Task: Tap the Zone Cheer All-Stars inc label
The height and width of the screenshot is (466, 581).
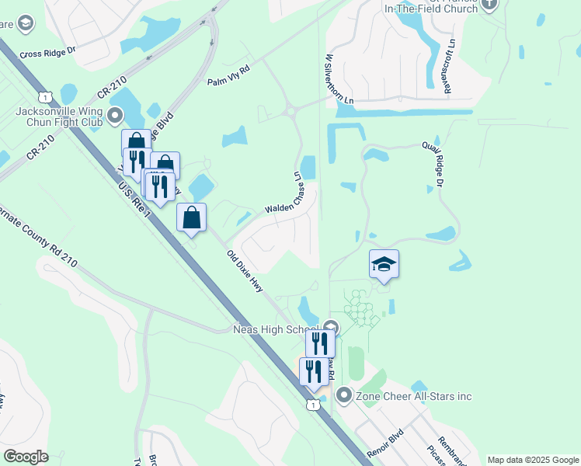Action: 413,396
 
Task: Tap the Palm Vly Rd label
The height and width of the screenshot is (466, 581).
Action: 228,75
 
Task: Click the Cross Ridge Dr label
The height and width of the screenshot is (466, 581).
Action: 49,51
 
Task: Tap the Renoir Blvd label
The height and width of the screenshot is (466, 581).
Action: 386,440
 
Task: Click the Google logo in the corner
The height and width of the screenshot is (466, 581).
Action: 26,457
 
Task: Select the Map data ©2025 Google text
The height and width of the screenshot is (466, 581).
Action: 533,460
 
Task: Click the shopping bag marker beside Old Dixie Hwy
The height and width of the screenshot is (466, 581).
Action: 191,217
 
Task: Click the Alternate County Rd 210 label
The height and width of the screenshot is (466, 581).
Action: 39,239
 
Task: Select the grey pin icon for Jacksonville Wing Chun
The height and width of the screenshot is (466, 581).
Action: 116,116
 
